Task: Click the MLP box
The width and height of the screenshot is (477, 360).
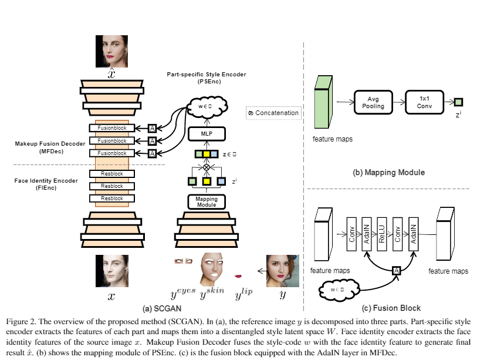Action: point(207,134)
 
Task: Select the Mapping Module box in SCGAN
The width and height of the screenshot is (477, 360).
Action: point(207,201)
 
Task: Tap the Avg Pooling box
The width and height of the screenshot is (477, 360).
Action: point(373,102)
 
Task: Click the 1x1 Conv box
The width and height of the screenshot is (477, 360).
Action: point(424,102)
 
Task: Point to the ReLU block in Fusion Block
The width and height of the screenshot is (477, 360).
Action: point(382,234)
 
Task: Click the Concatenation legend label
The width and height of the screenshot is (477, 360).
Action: point(273,113)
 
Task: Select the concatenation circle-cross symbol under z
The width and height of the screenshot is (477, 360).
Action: point(207,167)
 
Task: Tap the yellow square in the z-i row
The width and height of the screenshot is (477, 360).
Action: point(207,181)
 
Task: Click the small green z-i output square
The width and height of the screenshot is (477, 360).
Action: point(458,102)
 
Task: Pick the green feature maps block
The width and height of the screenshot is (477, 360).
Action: point(323,102)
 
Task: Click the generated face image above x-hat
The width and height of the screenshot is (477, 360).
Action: point(111,51)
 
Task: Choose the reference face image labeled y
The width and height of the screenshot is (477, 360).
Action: point(283,271)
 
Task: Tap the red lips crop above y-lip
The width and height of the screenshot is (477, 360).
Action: point(238,276)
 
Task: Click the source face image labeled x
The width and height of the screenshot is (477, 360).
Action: point(112,271)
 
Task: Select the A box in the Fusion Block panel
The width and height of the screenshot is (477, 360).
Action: point(396,271)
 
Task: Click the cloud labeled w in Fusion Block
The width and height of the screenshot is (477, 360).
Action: point(339,290)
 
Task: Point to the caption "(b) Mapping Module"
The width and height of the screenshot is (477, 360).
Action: point(389,173)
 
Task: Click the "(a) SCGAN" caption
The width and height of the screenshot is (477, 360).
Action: point(162,308)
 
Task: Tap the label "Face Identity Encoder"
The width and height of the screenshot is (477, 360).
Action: point(46,181)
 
